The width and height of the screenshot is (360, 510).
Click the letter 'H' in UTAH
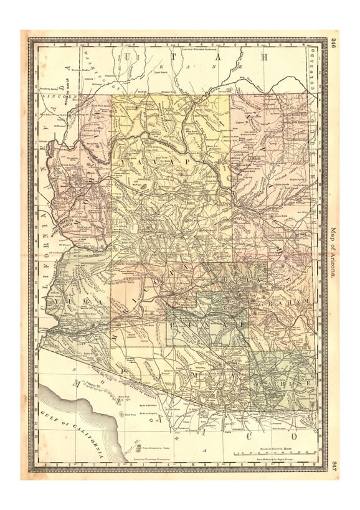pos(265,57)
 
